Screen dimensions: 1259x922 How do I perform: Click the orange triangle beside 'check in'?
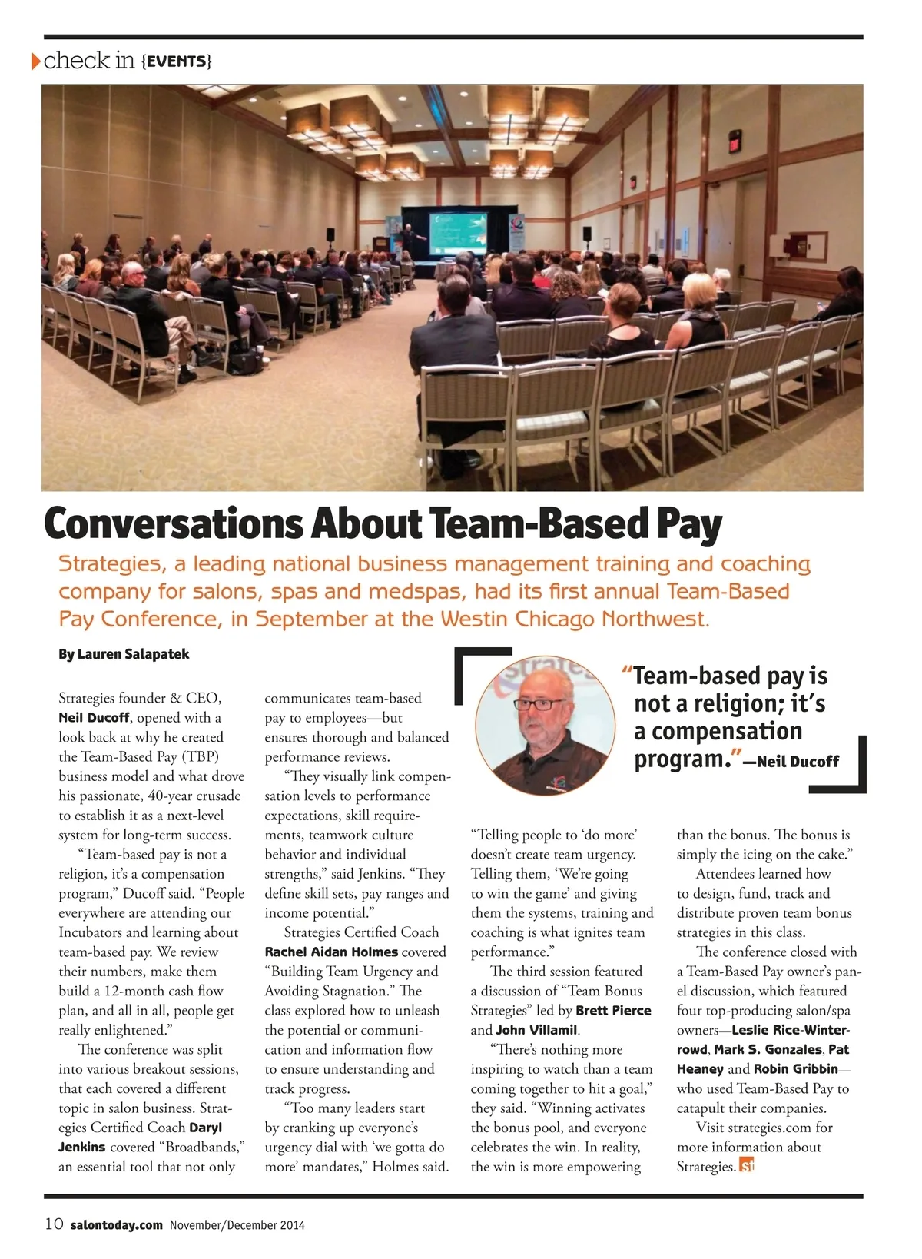click(35, 61)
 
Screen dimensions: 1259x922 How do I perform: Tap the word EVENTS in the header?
click(177, 61)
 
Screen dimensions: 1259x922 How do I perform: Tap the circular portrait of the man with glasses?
click(545, 725)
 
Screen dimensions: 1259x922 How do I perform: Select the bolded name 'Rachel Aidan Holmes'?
click(331, 952)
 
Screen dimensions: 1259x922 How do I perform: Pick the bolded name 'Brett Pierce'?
click(613, 1011)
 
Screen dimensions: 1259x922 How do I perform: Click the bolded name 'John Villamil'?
click(536, 1030)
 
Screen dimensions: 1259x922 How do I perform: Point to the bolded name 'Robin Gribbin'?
click(795, 1069)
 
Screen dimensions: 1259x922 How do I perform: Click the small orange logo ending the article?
click(747, 1166)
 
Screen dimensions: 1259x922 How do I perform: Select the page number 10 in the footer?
click(54, 1225)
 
